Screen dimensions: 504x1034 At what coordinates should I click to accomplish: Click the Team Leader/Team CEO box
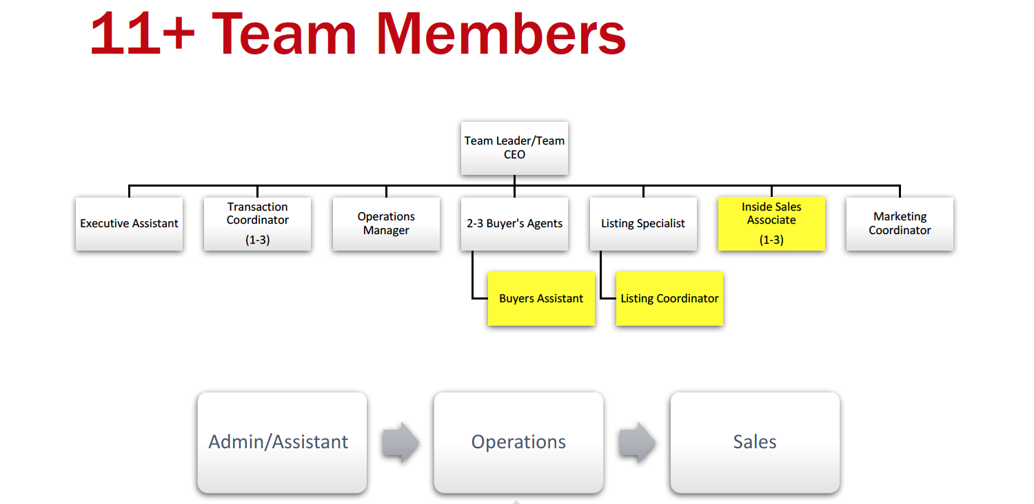[514, 148]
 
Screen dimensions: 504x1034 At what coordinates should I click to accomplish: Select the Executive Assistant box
[129, 224]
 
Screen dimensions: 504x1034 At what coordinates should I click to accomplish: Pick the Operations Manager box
[386, 224]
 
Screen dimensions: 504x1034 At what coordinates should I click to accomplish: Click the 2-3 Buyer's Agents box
[514, 224]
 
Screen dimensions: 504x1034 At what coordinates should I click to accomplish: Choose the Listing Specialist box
[643, 224]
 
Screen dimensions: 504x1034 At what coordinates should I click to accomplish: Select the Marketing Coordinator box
[900, 224]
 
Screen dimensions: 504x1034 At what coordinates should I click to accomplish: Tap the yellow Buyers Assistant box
[541, 299]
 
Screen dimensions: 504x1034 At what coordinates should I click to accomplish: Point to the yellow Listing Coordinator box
[669, 299]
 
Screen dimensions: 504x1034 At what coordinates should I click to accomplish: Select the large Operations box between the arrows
[518, 442]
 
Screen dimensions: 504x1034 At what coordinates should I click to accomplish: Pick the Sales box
[755, 442]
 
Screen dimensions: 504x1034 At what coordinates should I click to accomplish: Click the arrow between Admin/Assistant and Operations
[401, 442]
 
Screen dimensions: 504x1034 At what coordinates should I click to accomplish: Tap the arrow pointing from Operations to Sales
[637, 442]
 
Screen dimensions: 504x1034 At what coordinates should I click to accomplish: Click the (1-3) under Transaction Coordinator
[257, 240]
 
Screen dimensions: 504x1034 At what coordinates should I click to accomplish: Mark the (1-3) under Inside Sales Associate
[771, 240]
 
